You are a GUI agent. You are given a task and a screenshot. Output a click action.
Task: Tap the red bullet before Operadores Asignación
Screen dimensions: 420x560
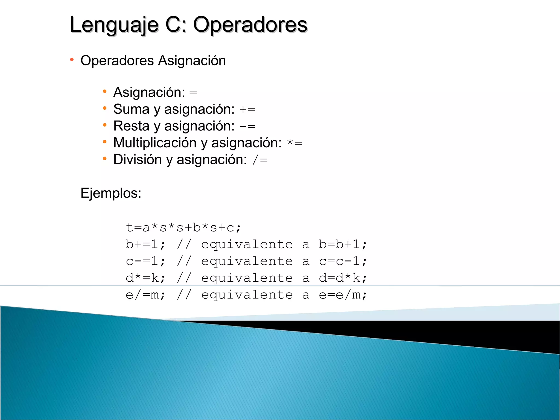pos(72,60)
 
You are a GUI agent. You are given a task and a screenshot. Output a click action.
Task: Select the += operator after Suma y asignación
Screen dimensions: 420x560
pos(247,110)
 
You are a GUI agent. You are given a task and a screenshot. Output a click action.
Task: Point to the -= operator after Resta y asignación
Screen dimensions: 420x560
pos(247,127)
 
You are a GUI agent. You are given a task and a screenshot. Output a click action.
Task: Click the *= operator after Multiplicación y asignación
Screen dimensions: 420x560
pos(295,143)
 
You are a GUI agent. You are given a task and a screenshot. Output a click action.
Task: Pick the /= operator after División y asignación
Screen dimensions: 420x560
pos(260,160)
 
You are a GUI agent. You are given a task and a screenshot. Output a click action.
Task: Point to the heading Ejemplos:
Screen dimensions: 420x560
pos(111,193)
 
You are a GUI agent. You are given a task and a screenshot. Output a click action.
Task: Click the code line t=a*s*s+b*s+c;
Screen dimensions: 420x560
pos(183,227)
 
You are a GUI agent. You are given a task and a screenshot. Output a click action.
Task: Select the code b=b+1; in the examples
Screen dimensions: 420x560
pos(343,244)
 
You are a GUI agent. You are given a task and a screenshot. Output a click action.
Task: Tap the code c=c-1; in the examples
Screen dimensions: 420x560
pos(343,261)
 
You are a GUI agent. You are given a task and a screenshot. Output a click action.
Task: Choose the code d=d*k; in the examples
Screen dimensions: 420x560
pos(343,278)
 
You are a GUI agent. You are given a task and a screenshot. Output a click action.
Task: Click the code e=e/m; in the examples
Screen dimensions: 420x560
pos(343,295)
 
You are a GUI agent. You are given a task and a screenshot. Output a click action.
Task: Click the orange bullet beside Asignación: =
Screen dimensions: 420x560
pos(105,92)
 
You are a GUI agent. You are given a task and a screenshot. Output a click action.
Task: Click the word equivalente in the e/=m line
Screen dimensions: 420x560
pos(247,295)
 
